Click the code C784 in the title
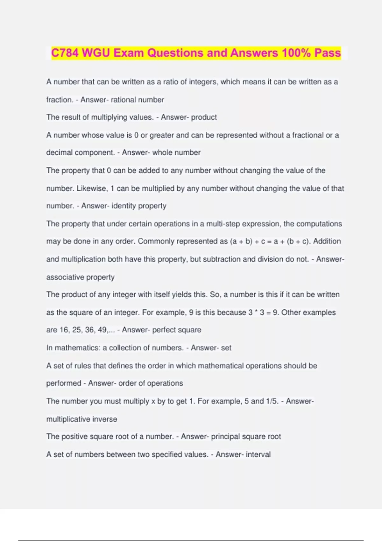(65, 53)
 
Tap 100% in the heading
(296, 53)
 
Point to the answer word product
(204, 117)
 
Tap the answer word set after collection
(226, 348)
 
